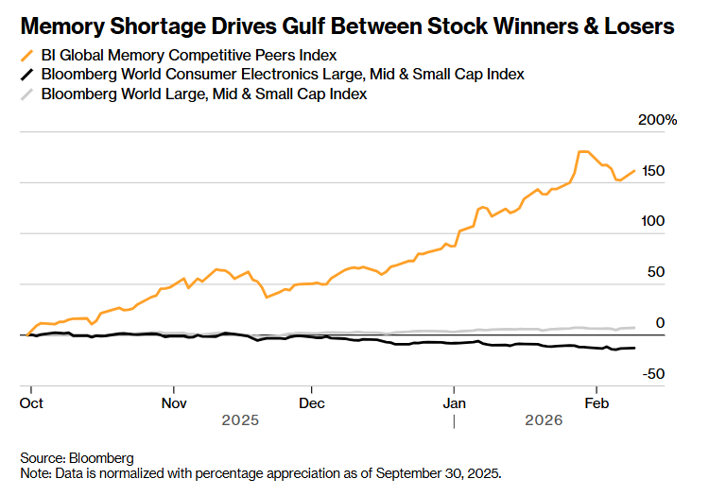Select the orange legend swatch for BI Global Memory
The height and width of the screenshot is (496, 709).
click(x=27, y=56)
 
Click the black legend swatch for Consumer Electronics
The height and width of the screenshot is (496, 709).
click(x=27, y=75)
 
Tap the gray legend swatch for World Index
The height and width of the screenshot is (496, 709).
click(x=27, y=94)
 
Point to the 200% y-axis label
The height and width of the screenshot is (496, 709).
click(x=658, y=120)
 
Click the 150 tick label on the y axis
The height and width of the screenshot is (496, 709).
click(x=652, y=171)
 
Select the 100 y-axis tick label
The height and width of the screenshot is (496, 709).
click(x=652, y=222)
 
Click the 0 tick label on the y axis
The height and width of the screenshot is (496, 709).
click(x=661, y=323)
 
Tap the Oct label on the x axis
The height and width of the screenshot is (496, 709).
click(x=31, y=402)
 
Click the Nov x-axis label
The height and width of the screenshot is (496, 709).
click(x=174, y=402)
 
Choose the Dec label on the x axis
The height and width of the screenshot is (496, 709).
click(x=312, y=402)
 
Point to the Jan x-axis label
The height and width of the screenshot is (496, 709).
click(x=454, y=402)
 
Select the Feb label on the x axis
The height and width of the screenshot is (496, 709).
click(x=597, y=402)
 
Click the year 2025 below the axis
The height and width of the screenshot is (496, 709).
click(x=240, y=419)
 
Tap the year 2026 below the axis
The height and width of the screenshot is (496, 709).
click(x=544, y=419)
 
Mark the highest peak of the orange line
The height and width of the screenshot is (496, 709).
click(x=582, y=151)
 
